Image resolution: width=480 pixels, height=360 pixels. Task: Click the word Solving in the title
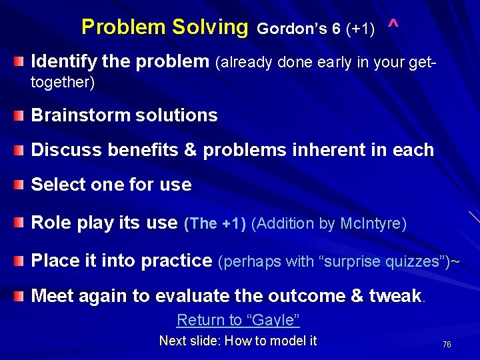209,27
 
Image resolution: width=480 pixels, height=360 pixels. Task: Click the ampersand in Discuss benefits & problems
191,150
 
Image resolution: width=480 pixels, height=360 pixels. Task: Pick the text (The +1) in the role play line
215,223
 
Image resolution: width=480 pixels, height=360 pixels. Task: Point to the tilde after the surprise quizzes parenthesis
455,261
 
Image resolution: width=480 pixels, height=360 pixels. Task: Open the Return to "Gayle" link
238,320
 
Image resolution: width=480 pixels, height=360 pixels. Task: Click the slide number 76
447,345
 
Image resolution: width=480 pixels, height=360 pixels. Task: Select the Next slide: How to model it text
238,341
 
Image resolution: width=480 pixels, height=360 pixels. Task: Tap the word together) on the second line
63,82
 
